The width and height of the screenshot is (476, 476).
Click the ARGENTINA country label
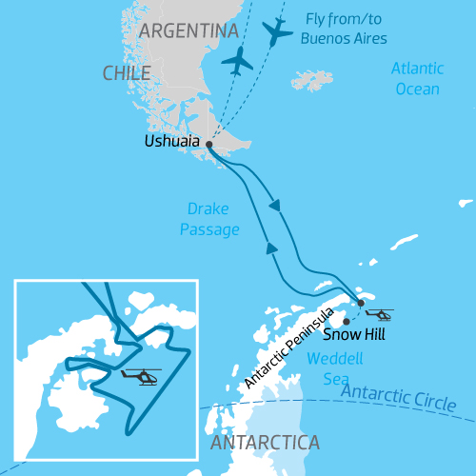[188, 31]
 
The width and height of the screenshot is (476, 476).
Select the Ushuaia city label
[172, 142]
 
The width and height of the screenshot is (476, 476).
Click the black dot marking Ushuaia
[208, 145]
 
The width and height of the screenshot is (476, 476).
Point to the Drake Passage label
[208, 220]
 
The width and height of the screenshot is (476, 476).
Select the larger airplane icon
[277, 31]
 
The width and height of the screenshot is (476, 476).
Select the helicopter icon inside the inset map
[141, 376]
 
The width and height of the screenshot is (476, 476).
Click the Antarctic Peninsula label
[288, 347]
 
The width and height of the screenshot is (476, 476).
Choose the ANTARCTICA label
[264, 444]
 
